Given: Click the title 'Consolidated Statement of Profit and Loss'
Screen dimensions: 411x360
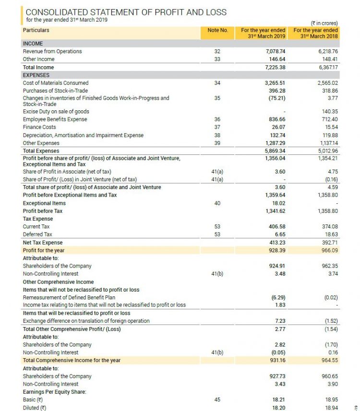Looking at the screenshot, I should click(126, 12).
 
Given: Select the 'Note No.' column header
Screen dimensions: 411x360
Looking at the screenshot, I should click(217, 30).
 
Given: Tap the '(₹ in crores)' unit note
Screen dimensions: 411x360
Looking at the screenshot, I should click(324, 23).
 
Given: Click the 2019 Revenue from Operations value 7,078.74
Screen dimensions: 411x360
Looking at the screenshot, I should click(275, 51).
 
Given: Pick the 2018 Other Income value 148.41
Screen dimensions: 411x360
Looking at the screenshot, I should click(328, 59).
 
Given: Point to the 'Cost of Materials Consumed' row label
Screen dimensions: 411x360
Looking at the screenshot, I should click(56, 83).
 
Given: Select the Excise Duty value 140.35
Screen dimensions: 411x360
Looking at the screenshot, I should click(328, 111).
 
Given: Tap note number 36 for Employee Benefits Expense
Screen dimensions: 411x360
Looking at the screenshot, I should click(217, 119).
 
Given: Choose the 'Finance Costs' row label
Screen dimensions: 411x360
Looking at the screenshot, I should click(39, 127).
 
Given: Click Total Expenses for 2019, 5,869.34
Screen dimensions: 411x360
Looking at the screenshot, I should click(275, 151).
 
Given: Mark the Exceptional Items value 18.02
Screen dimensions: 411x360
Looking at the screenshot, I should click(278, 203).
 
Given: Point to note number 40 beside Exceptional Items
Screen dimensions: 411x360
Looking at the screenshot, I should click(217, 203).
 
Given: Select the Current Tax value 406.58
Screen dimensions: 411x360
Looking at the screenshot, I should click(276, 226).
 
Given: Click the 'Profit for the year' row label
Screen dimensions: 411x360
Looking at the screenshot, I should click(44, 250).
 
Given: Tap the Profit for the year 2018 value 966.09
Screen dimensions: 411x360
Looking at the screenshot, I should click(328, 250).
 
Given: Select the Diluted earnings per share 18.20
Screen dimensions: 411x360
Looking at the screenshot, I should click(278, 407).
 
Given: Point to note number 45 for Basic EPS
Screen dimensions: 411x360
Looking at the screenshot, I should click(217, 399).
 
